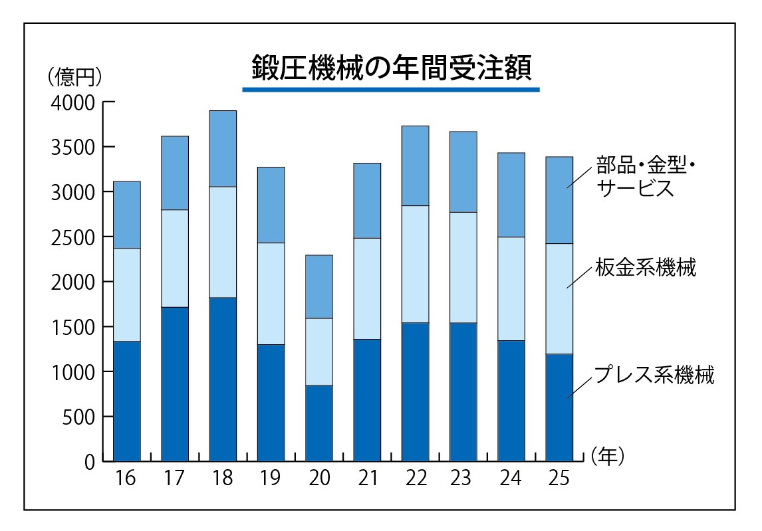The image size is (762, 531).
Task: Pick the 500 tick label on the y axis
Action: coord(80,417)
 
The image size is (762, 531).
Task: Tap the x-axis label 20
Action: coord(318,478)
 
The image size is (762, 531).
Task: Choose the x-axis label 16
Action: coord(126,478)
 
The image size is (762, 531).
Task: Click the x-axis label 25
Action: coord(559,478)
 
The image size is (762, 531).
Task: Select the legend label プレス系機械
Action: coord(654,375)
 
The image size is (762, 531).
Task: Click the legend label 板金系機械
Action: coord(645,268)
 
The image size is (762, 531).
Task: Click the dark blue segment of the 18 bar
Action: coord(223,379)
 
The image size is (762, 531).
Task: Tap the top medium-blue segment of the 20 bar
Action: coord(318,286)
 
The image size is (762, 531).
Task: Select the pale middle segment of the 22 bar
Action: coord(415,264)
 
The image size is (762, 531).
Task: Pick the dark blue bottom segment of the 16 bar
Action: coord(126,401)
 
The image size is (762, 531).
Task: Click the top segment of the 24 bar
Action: coord(511,195)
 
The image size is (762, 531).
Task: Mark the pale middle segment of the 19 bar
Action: coord(271,293)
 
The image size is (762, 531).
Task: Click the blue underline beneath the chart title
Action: coord(391,89)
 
